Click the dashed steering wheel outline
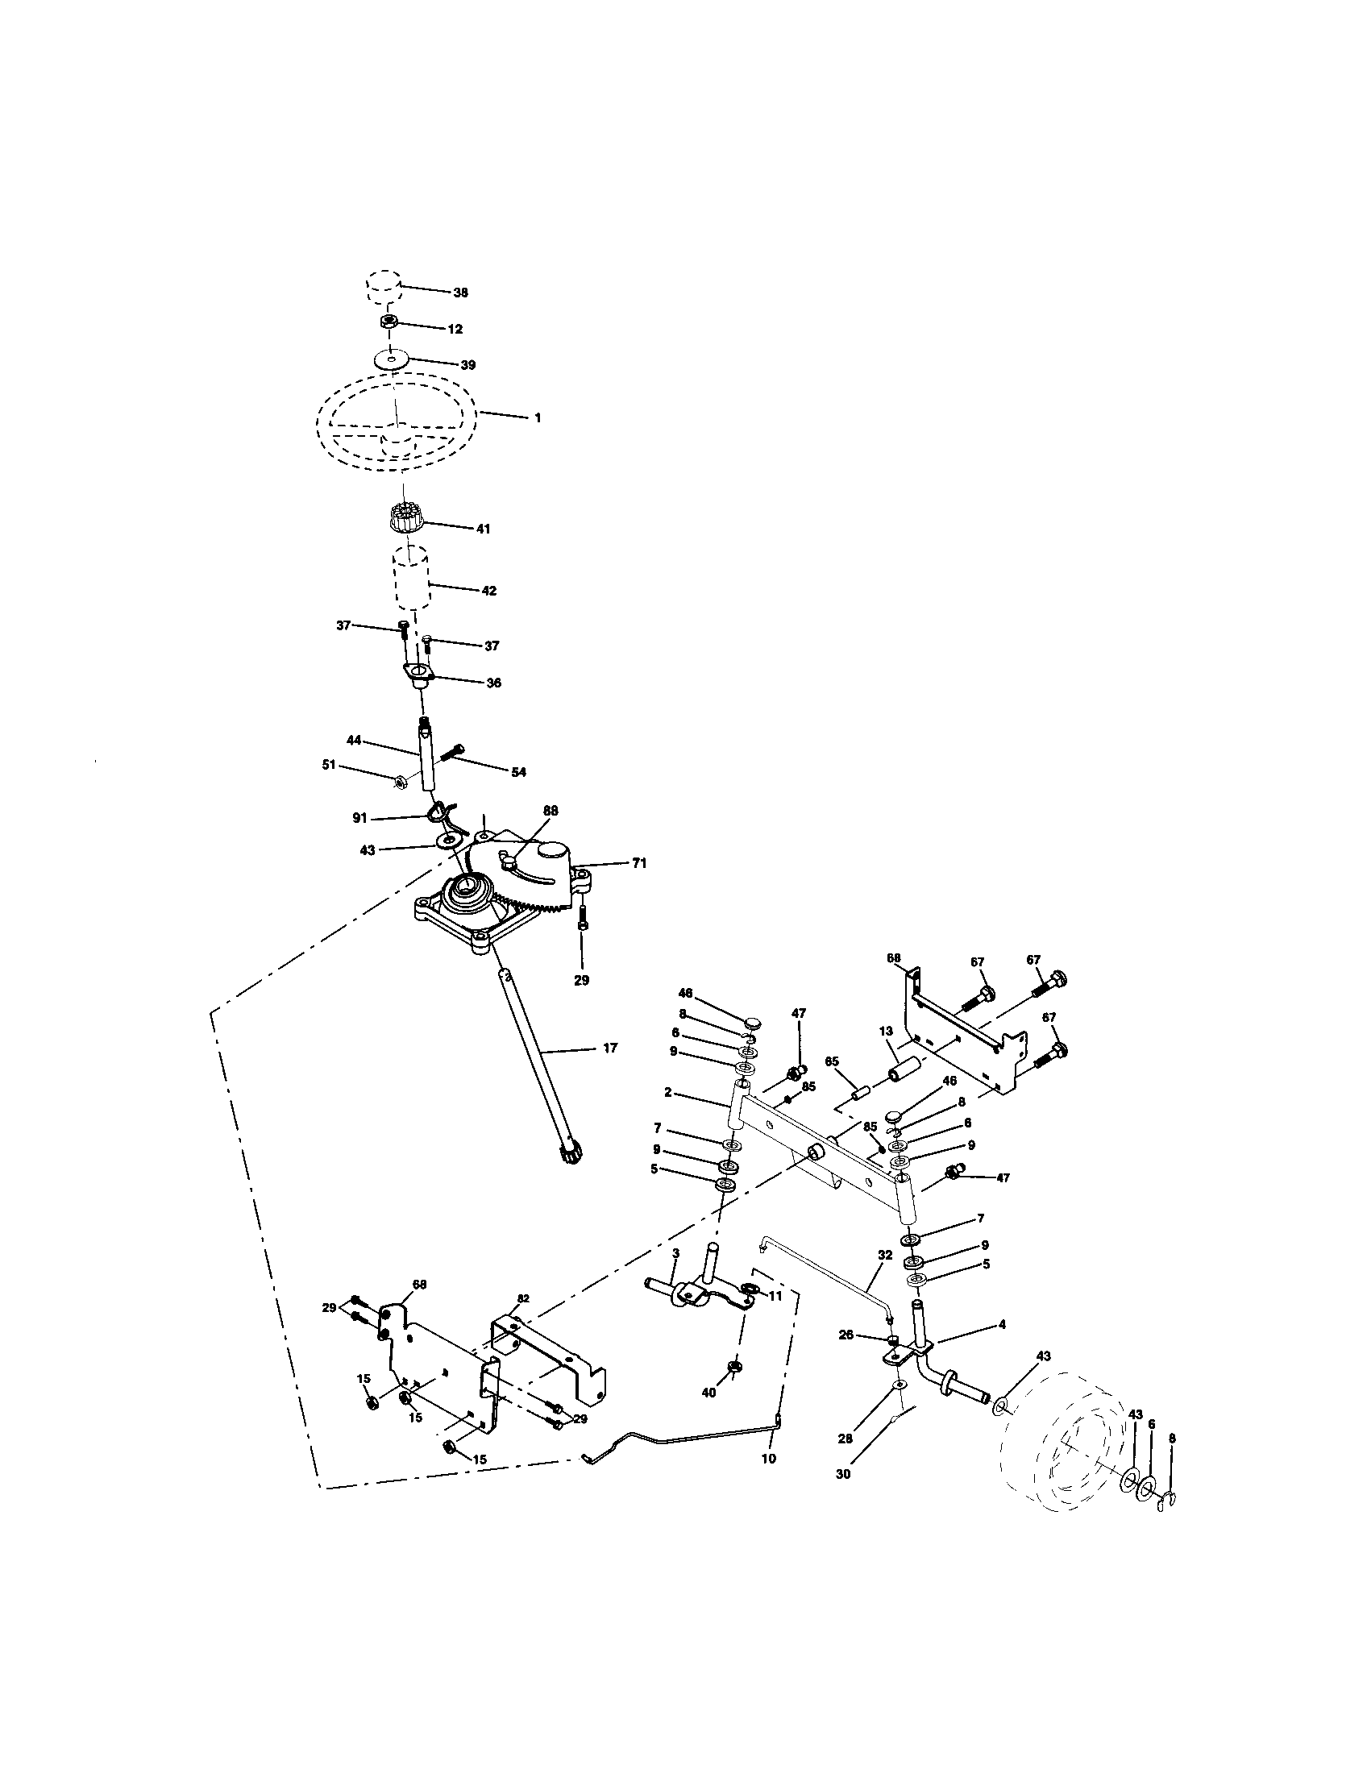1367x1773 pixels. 395,422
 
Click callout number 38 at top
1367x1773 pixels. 460,293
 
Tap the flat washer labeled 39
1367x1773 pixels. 392,358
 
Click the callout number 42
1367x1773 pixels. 488,591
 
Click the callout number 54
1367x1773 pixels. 518,772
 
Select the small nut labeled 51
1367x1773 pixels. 401,781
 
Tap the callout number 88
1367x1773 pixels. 551,810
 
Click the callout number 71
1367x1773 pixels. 639,864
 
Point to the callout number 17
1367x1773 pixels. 609,1048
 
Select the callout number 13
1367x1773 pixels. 887,1030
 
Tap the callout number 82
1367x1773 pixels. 523,1298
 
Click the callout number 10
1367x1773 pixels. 768,1458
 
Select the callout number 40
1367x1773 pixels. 708,1393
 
